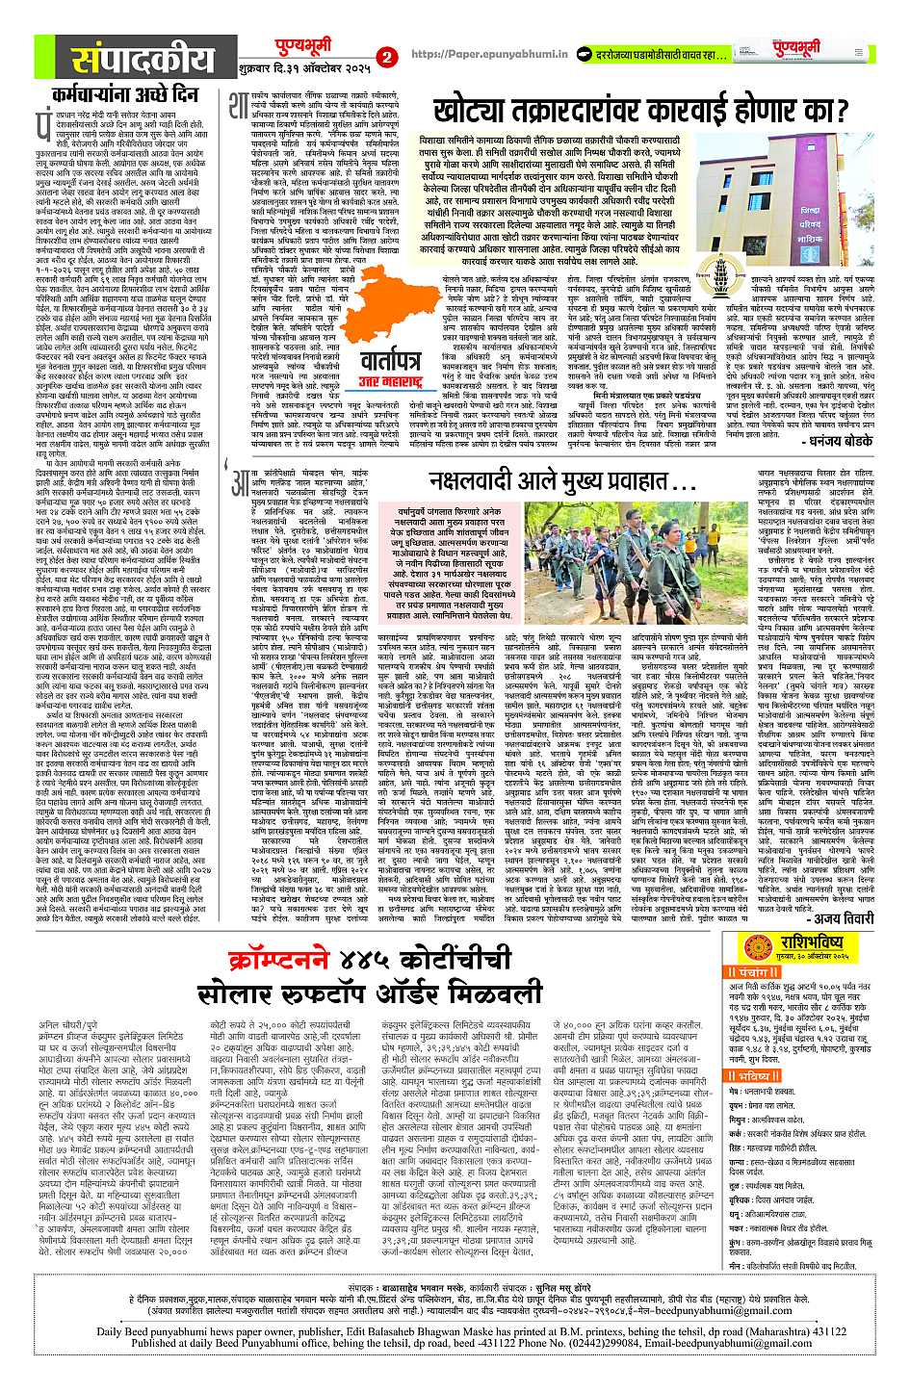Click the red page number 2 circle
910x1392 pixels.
[x=386, y=57]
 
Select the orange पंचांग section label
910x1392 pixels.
[x=746, y=972]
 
